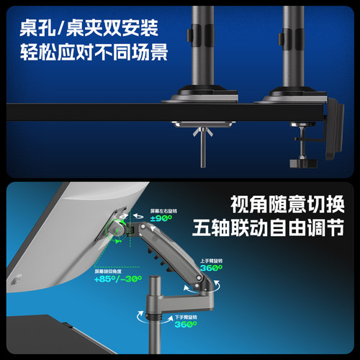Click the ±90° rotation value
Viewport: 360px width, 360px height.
pos(160,218)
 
